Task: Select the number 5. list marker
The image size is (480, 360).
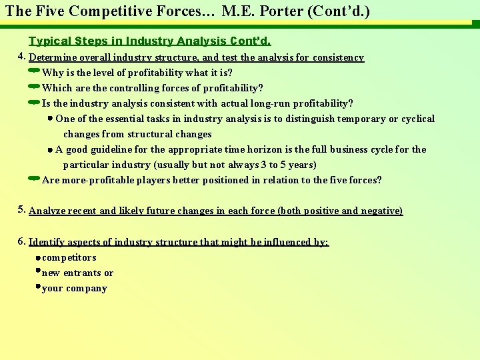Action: (22, 209)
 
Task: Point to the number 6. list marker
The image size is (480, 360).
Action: (22, 241)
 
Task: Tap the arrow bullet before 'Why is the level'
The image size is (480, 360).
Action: (34, 71)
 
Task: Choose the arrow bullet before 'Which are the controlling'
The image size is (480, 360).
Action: (34, 86)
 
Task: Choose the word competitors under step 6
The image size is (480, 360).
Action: (69, 257)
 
